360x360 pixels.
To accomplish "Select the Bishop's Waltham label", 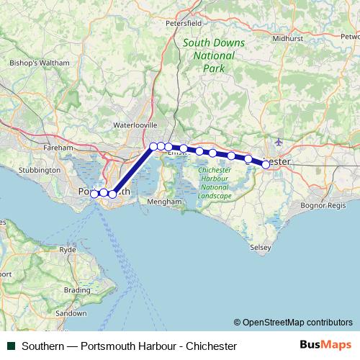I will pos(40,63).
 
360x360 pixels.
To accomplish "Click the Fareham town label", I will pos(58,147).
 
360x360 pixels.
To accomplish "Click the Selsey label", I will pos(261,247).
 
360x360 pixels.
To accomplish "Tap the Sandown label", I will pos(71,314).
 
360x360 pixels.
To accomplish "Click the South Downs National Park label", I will pos(213,55).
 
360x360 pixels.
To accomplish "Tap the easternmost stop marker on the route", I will pos(266,164).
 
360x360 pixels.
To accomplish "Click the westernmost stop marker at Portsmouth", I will pos(94,193).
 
